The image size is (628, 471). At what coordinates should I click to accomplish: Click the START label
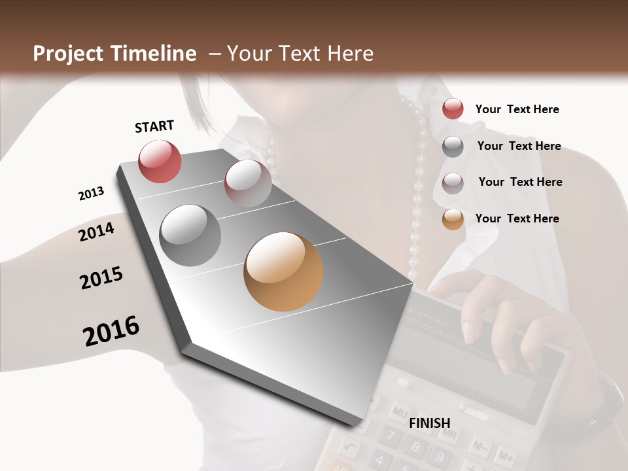[154, 126]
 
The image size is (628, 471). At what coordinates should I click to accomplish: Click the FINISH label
[430, 423]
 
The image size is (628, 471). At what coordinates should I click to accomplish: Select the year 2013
[91, 194]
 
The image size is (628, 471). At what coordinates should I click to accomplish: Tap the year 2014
[97, 232]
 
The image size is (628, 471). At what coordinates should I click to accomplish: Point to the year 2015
[101, 278]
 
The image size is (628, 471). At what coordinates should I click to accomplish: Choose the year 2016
[111, 331]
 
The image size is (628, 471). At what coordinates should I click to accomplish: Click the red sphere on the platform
[160, 162]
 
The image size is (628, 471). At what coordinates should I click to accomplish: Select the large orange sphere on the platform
[283, 271]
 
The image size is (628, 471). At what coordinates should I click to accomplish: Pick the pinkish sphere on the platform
[248, 183]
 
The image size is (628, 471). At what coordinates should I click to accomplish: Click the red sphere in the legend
[453, 109]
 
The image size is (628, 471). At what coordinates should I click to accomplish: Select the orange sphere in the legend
[453, 219]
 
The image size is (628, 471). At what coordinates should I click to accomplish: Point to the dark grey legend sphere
[453, 146]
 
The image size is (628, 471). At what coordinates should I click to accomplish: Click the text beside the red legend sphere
[517, 109]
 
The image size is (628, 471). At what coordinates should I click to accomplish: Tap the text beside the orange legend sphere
[517, 218]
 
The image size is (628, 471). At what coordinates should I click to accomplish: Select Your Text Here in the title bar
[300, 54]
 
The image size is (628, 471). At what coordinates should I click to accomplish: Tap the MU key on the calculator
[398, 413]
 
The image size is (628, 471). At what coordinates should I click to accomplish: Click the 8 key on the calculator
[413, 448]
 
